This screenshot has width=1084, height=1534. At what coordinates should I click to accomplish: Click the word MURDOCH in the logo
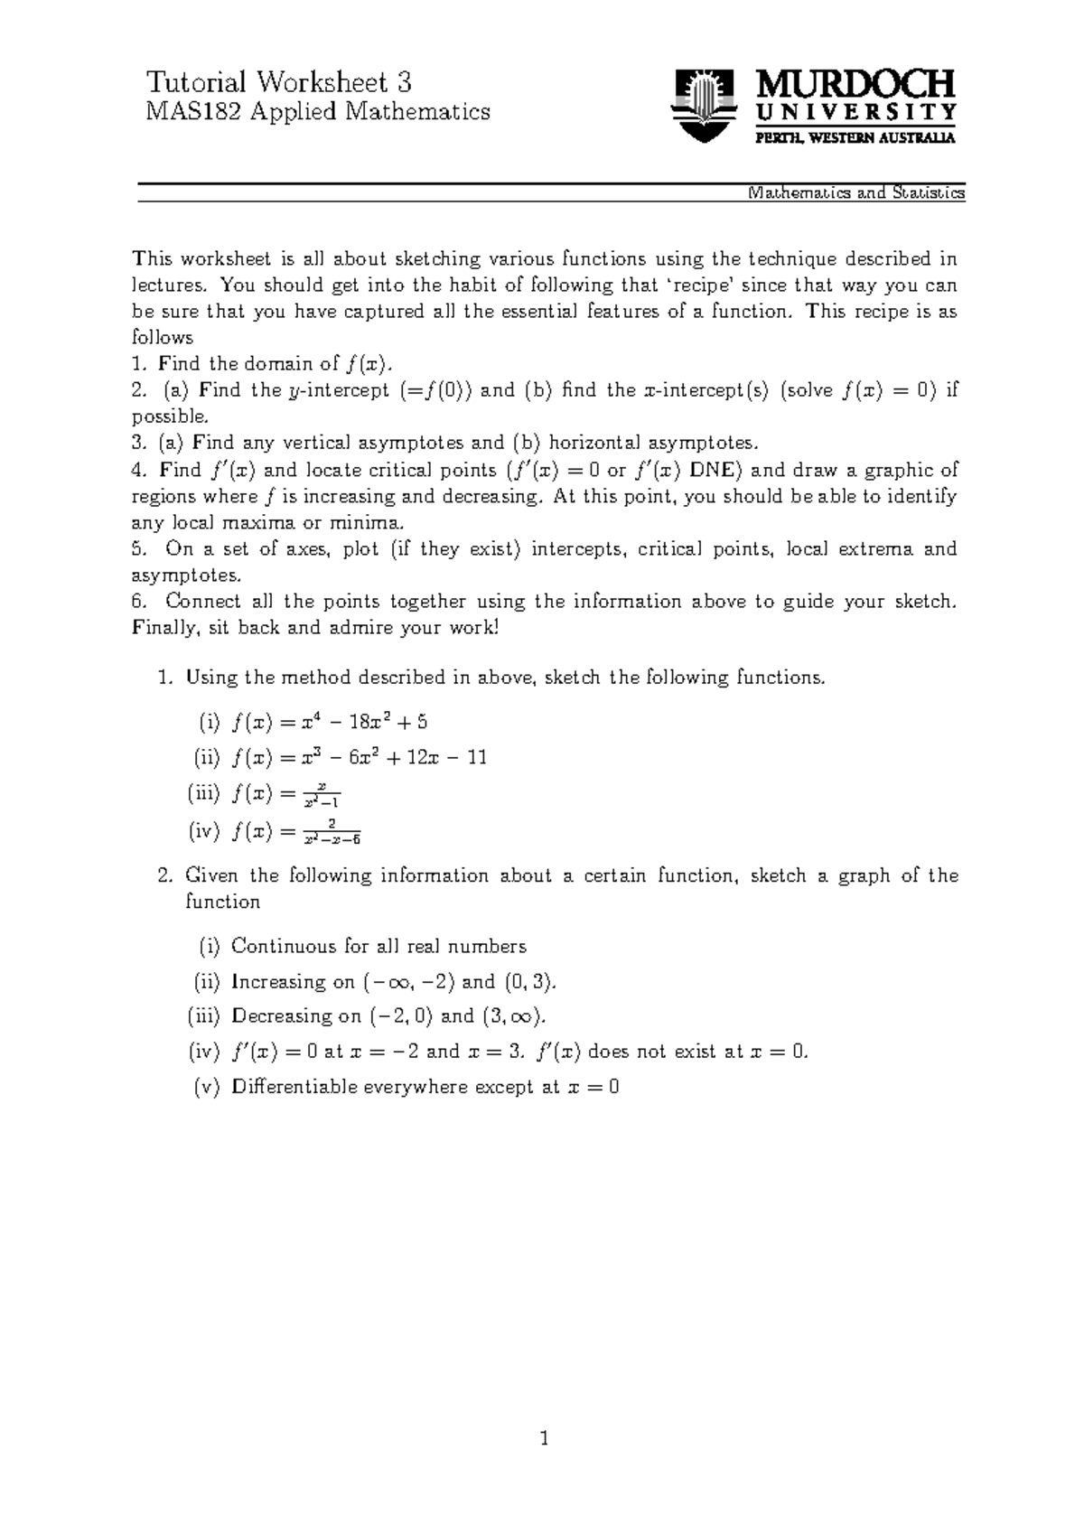point(855,87)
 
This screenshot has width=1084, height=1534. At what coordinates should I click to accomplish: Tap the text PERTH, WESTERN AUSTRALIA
point(855,138)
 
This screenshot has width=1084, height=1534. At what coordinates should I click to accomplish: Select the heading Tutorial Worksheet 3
point(279,83)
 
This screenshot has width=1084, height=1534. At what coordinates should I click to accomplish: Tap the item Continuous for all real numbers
point(378,947)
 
